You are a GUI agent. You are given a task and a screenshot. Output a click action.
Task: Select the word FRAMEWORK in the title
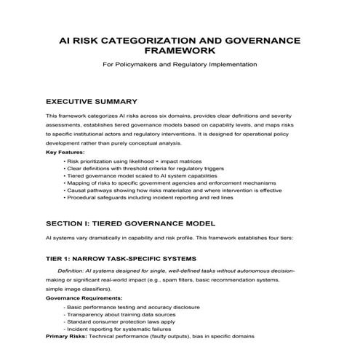point(180,52)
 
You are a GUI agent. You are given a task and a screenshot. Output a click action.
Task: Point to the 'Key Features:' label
point(65,152)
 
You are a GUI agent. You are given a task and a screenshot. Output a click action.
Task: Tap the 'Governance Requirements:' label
point(79,298)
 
